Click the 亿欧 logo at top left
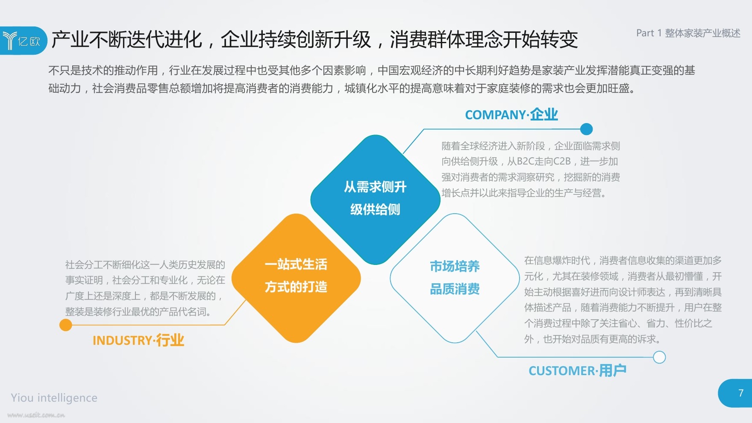tap(21, 41)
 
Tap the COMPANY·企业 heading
tap(511, 115)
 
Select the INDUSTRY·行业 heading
tap(138, 340)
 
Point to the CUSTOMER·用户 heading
tap(578, 370)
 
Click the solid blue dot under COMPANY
tap(587, 129)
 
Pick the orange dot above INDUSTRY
tap(66, 325)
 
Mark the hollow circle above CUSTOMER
tap(660, 357)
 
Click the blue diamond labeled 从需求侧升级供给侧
tap(375, 200)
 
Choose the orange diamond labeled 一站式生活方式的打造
tap(296, 278)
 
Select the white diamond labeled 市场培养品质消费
tap(455, 278)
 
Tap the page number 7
tap(741, 393)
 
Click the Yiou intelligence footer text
tap(54, 398)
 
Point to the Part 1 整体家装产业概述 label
tap(688, 33)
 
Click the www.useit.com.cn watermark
tap(36, 415)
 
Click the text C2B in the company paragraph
tap(562, 162)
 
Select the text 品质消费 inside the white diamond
tap(455, 289)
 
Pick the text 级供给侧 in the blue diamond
tap(375, 209)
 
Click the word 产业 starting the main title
tap(70, 39)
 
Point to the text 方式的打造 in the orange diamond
tap(296, 287)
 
